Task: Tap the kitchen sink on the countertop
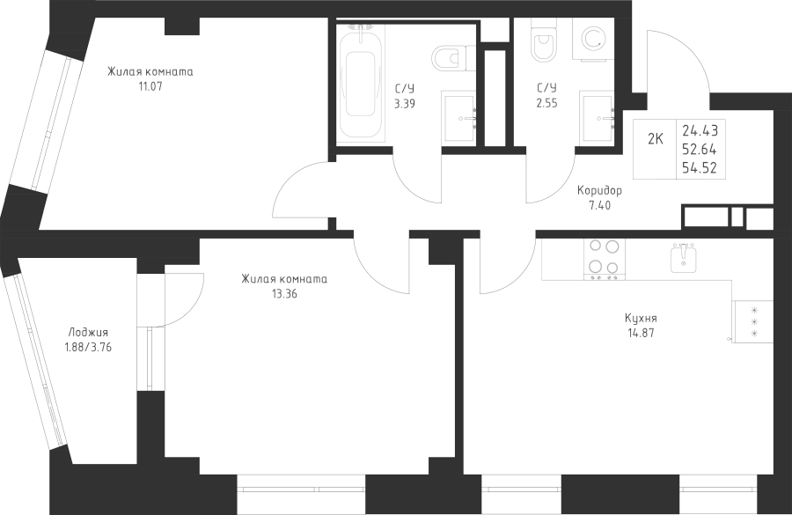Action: (684, 258)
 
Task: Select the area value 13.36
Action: (284, 294)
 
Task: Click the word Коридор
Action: (599, 190)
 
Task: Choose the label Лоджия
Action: (88, 333)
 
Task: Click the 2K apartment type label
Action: (656, 138)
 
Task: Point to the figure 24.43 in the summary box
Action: (700, 131)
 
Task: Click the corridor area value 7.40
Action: (599, 204)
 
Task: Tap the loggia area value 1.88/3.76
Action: (88, 347)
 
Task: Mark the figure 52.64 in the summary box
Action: (700, 148)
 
